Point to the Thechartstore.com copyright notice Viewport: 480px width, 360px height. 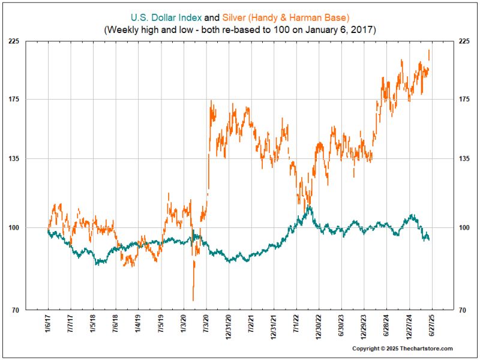coord(402,349)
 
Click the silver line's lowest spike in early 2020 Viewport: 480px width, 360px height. coord(193,299)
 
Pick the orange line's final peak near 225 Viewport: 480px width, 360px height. coord(429,52)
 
